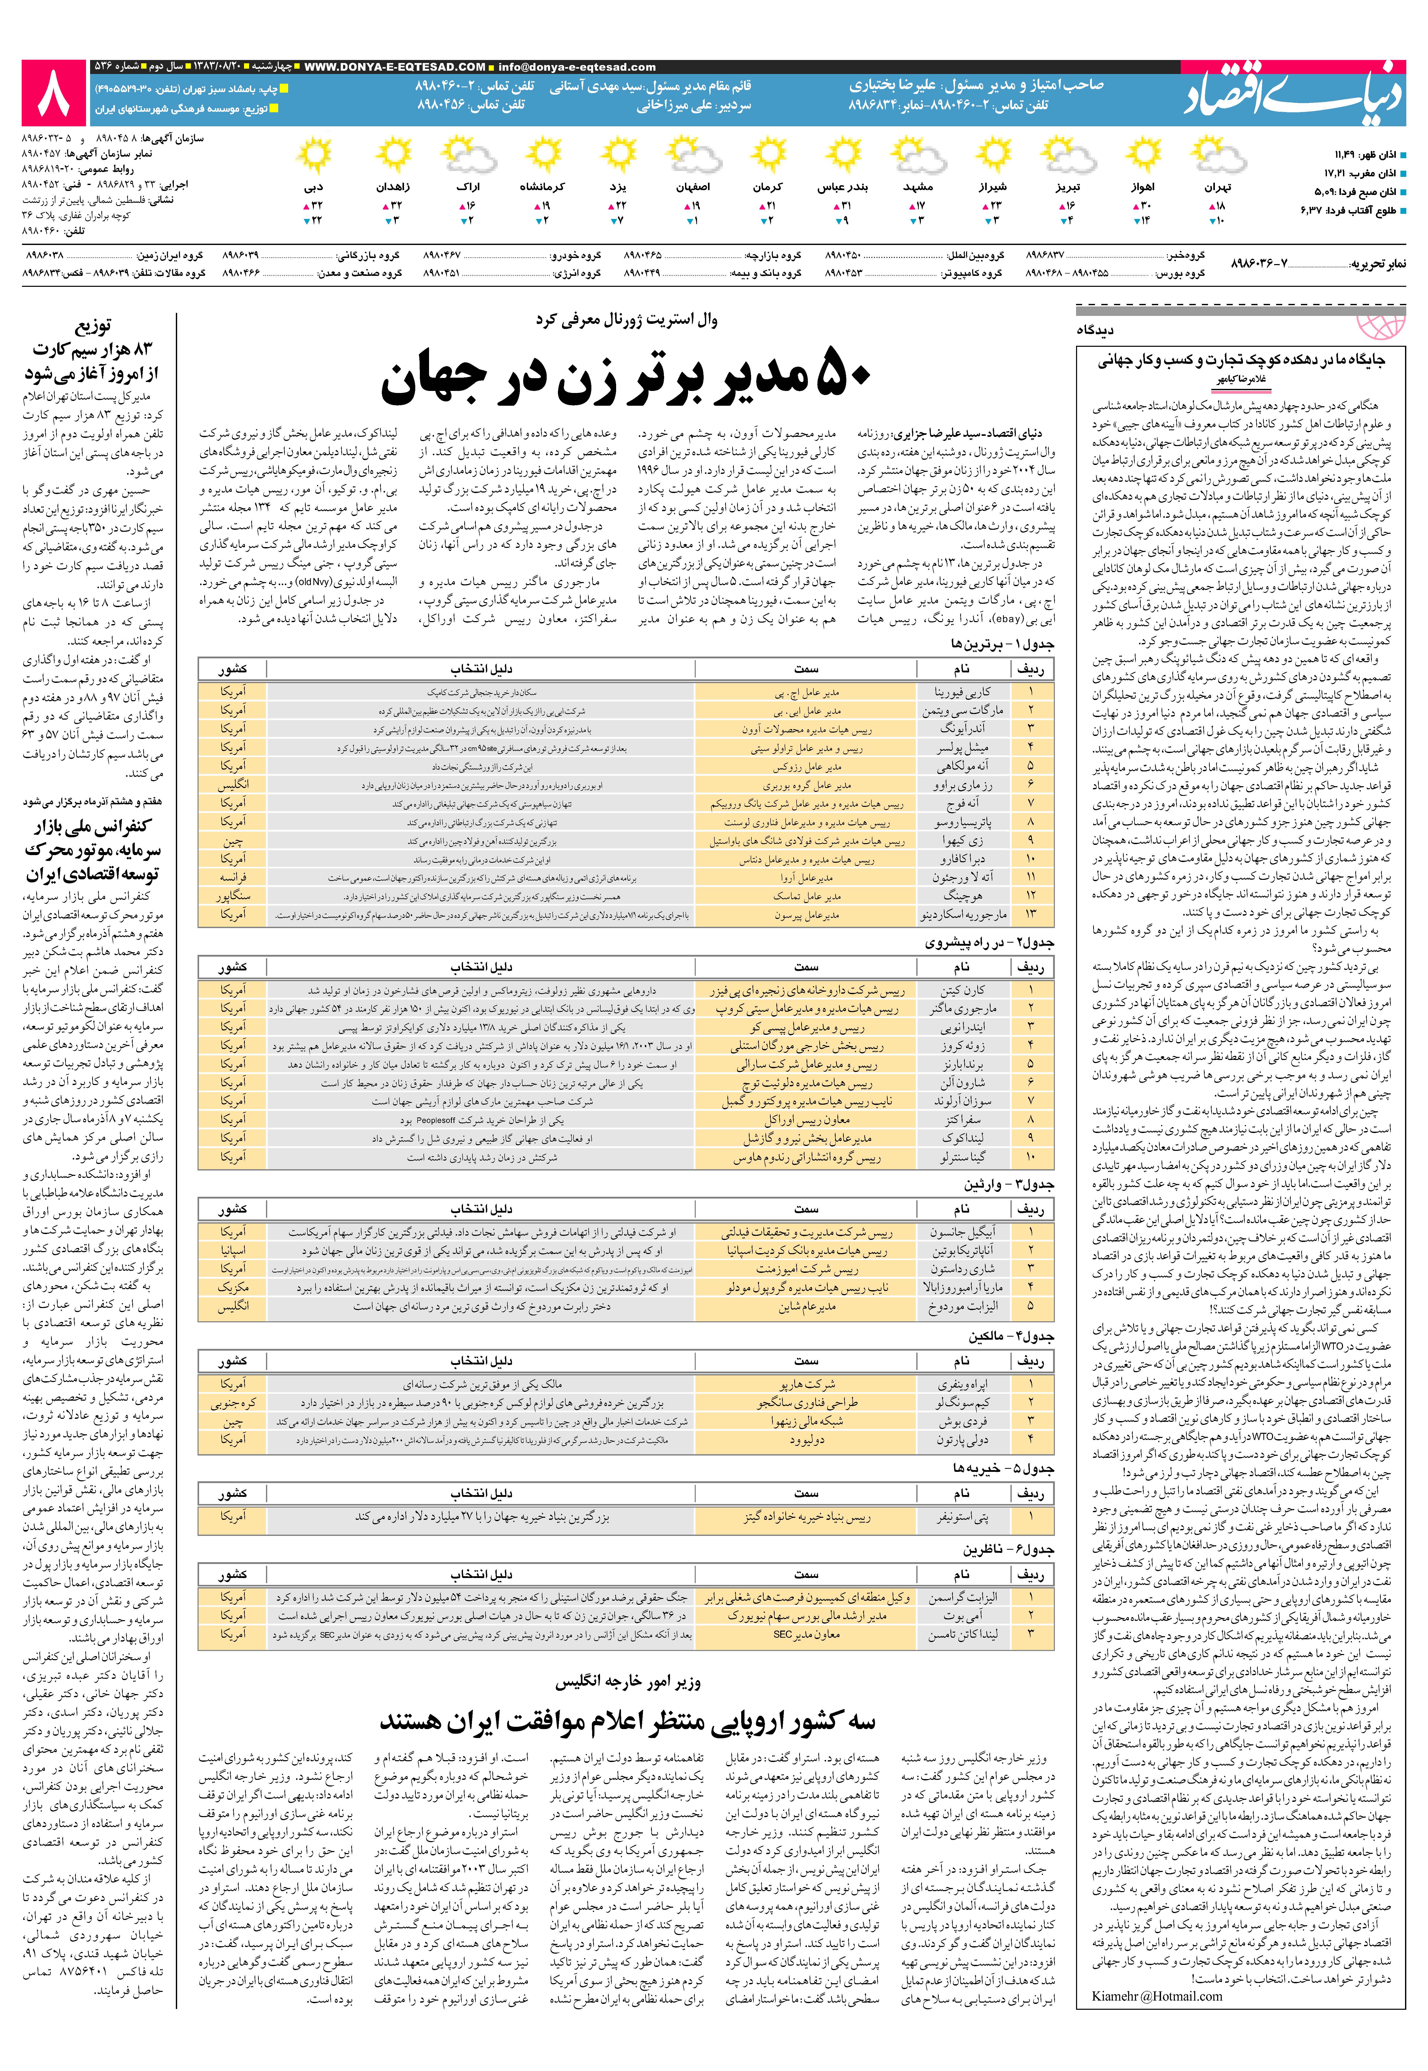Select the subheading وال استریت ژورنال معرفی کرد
tap(626, 319)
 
